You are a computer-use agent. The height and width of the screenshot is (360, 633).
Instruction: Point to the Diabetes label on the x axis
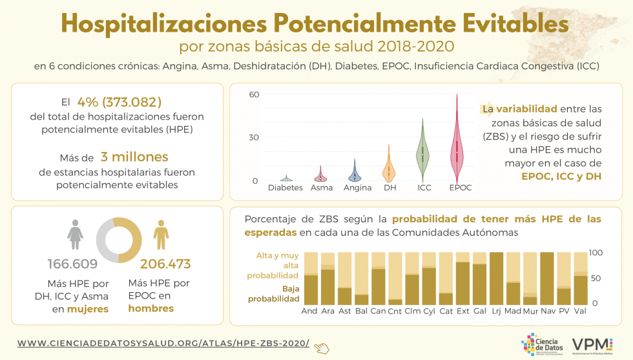pyautogui.click(x=285, y=188)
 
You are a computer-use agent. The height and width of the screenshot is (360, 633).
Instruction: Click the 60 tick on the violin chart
pyautogui.click(x=254, y=94)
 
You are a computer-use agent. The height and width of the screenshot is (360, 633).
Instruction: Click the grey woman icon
pyautogui.click(x=76, y=234)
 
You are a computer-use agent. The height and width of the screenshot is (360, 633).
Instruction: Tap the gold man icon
pyautogui.click(x=160, y=234)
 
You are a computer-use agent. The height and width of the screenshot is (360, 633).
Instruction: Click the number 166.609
pyautogui.click(x=72, y=264)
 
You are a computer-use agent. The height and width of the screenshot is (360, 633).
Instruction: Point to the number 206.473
pyautogui.click(x=165, y=264)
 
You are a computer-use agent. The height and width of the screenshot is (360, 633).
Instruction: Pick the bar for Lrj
pyautogui.click(x=497, y=278)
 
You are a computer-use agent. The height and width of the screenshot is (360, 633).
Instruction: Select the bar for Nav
pyautogui.click(x=546, y=278)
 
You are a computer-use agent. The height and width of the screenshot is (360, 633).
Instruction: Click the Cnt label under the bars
pyautogui.click(x=395, y=311)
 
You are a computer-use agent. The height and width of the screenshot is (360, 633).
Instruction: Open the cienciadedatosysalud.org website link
pyautogui.click(x=163, y=343)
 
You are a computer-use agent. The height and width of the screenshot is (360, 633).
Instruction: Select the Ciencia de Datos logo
pyautogui.click(x=541, y=344)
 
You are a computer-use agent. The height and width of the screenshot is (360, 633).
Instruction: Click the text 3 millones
pyautogui.click(x=134, y=157)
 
